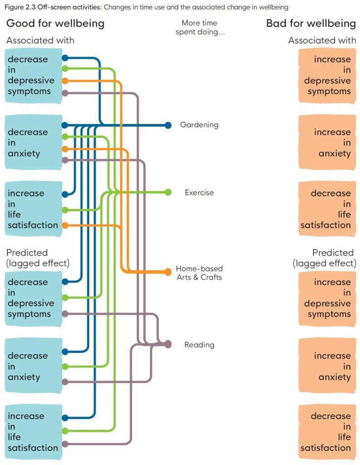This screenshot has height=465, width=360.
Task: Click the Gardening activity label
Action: (x=199, y=125)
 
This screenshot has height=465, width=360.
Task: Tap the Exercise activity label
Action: (x=199, y=193)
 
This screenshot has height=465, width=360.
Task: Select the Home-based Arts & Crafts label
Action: (x=199, y=272)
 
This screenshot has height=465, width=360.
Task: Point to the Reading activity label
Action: (x=199, y=345)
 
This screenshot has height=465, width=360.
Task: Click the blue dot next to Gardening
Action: (x=168, y=125)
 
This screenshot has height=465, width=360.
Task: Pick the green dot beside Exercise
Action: (x=168, y=192)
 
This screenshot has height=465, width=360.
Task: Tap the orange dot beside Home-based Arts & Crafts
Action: (x=168, y=272)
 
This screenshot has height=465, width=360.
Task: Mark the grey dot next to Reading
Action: (x=168, y=344)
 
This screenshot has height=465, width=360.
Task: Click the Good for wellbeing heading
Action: (x=55, y=23)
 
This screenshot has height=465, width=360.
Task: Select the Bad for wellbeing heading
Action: (x=311, y=23)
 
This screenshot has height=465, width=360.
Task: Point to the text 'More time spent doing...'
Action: (x=199, y=27)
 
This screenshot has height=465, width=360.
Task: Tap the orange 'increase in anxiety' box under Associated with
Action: (x=327, y=143)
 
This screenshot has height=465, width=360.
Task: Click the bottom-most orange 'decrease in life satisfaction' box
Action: (x=327, y=431)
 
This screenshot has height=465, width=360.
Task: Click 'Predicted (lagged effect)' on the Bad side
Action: (x=325, y=257)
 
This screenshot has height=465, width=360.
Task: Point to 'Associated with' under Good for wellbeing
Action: (x=40, y=40)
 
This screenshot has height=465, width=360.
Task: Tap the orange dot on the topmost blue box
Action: (x=65, y=81)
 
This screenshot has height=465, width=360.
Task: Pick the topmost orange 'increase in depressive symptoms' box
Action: (x=327, y=75)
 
